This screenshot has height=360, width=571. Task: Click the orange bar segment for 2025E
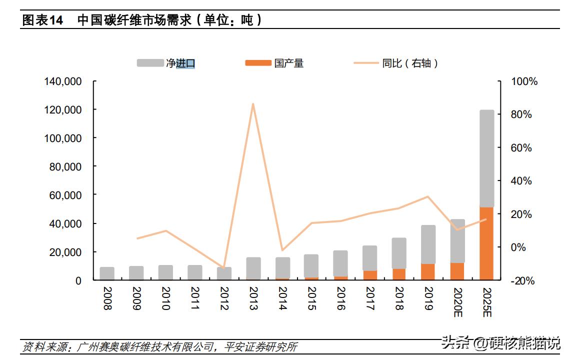(x=486, y=243)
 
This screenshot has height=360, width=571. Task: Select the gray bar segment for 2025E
(x=486, y=158)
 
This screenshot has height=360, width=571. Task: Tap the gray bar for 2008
(x=107, y=273)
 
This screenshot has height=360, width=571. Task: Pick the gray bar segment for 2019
(x=428, y=244)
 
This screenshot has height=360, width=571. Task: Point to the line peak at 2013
(x=253, y=104)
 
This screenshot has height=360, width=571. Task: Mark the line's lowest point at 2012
(x=224, y=268)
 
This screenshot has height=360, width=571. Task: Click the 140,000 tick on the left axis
(x=63, y=81)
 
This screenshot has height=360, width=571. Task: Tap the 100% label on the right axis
(x=524, y=81)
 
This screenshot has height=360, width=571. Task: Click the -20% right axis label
(x=522, y=281)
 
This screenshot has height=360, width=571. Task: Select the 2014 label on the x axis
(x=282, y=298)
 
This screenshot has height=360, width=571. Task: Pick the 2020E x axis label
(x=457, y=301)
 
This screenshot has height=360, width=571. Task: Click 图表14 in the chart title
(x=43, y=20)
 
